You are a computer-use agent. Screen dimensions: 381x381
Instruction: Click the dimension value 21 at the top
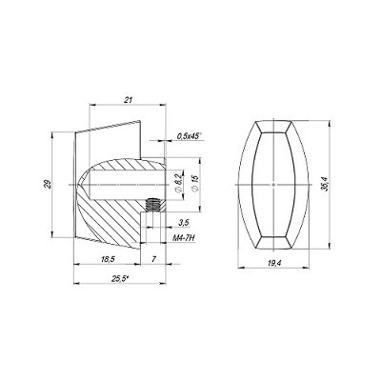[x=128, y=100]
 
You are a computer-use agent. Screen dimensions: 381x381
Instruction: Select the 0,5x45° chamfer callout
[x=190, y=136]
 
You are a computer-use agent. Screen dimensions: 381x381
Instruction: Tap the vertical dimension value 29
[x=48, y=184]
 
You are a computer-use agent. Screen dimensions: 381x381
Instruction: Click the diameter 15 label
[x=195, y=183]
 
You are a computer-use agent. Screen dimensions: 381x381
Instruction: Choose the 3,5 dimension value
[x=184, y=223]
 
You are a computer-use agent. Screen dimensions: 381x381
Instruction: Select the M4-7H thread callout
[x=184, y=238]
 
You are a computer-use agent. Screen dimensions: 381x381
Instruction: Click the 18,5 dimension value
[x=108, y=259]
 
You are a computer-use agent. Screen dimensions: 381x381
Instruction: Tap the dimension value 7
[x=153, y=259]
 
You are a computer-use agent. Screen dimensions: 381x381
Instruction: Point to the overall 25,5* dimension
[x=120, y=279]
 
